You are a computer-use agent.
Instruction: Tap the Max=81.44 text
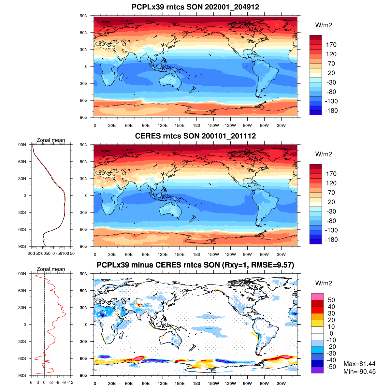coord(359,364)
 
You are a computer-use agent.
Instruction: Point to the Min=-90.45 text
coord(359,372)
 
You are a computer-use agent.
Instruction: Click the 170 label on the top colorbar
coord(331,45)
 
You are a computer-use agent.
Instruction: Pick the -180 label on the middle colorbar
coord(331,239)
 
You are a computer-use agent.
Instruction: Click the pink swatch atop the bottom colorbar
coord(317,297)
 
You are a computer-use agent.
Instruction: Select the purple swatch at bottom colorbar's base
coord(317,370)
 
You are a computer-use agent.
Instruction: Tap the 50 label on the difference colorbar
coord(331,300)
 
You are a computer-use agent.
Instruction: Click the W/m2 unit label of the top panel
coord(324,25)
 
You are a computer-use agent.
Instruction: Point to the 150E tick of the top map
coord(180,125)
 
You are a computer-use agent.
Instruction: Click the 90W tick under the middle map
coord(247,254)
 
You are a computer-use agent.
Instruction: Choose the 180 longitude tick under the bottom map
coord(196,384)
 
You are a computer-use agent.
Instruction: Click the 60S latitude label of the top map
coord(84,100)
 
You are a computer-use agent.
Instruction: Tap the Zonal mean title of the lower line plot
coord(51,269)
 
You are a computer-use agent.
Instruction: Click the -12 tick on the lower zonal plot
coord(70,383)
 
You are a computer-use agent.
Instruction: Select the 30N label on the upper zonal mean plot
coord(22,179)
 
